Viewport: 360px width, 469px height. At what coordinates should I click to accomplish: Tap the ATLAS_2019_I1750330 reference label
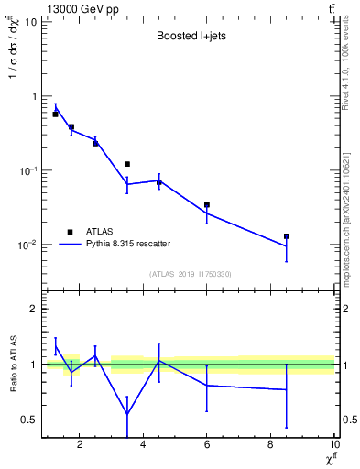pyautogui.click(x=189, y=274)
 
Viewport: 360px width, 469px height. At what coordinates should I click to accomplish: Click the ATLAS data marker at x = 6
pyautogui.click(x=207, y=205)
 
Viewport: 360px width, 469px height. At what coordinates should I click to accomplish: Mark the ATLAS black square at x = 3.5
pyautogui.click(x=127, y=164)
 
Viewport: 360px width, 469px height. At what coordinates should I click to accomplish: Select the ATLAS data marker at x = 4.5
pyautogui.click(x=159, y=182)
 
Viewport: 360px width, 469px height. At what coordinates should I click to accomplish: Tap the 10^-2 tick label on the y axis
pyautogui.click(x=27, y=245)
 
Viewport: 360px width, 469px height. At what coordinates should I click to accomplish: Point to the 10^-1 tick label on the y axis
pyautogui.click(x=27, y=170)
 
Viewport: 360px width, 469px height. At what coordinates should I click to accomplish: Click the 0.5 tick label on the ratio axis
pyautogui.click(x=29, y=420)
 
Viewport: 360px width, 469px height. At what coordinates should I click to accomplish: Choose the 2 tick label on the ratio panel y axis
pyautogui.click(x=33, y=309)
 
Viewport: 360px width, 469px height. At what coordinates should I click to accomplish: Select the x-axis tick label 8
pyautogui.click(x=271, y=445)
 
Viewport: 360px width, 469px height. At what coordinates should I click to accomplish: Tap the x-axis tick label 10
pyautogui.click(x=334, y=445)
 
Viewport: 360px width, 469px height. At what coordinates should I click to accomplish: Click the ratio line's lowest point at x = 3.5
pyautogui.click(x=127, y=414)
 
